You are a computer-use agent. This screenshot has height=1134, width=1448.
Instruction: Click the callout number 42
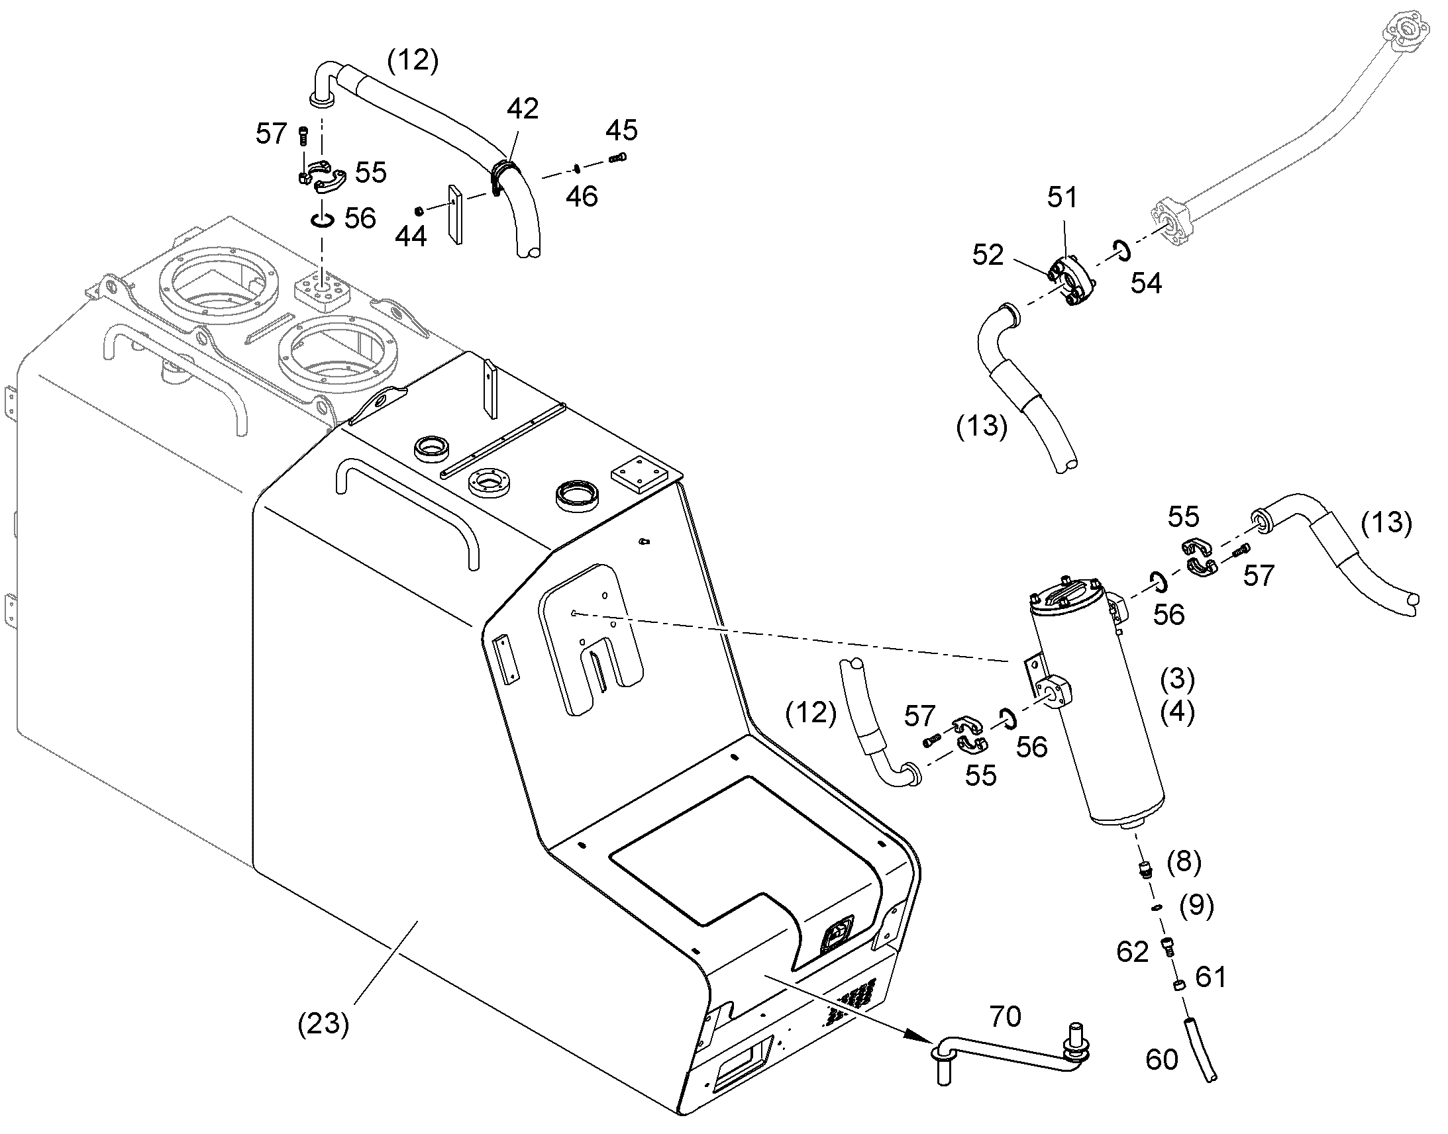[522, 109]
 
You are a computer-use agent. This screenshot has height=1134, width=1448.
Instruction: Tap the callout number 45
[621, 130]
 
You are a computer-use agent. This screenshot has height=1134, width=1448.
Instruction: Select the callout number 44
[411, 236]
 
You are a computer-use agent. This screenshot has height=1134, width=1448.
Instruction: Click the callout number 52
[988, 255]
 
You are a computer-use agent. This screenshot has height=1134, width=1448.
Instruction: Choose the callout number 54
[1146, 283]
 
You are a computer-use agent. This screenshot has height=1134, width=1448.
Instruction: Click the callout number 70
[1004, 1016]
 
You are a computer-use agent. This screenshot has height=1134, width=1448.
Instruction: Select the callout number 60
[1162, 1060]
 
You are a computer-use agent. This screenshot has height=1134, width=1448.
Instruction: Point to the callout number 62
[1133, 952]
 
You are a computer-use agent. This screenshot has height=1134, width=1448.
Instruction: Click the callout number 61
[1210, 977]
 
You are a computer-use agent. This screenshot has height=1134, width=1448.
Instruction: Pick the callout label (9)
[1196, 906]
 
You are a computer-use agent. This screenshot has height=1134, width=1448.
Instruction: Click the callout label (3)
[1177, 679]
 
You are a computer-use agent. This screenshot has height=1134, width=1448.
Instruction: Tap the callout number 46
[581, 197]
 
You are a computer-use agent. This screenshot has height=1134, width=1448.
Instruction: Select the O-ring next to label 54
[1121, 250]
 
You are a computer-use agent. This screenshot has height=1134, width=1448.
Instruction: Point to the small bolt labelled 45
[617, 158]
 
